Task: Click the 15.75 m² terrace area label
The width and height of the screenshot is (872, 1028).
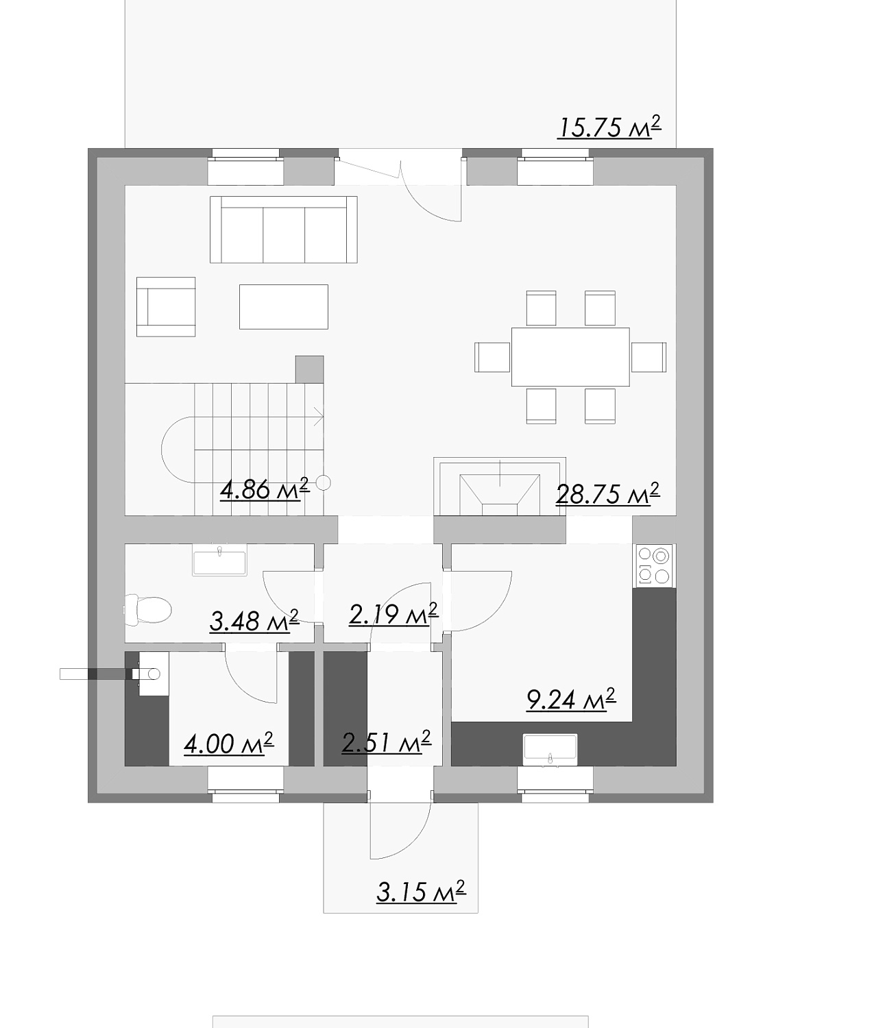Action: [x=609, y=127]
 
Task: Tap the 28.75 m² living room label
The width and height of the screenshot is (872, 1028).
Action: [x=607, y=494]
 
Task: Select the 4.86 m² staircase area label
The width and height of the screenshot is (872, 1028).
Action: [x=264, y=489]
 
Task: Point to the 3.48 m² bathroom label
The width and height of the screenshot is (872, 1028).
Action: [x=254, y=620]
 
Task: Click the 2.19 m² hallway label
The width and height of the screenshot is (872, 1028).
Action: [x=393, y=614]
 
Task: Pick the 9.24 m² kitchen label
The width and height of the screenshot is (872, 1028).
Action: [x=571, y=699]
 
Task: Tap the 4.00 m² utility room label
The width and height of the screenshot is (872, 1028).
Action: [x=228, y=744]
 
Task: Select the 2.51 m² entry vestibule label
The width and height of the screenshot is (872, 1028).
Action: [x=386, y=742]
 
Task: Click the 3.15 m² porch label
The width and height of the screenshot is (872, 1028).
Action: [x=421, y=891]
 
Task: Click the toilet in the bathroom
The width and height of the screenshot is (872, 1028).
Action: [x=148, y=610]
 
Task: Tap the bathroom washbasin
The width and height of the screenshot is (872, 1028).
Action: [x=219, y=560]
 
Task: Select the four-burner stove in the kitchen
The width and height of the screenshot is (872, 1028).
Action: [x=654, y=565]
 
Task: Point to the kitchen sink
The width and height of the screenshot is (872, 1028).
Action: [x=550, y=750]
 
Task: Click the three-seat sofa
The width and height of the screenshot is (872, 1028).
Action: [x=284, y=230]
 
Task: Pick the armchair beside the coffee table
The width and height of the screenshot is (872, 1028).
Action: [x=166, y=307]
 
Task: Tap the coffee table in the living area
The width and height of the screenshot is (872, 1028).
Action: [x=284, y=307]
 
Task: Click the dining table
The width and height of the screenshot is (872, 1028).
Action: [x=570, y=356]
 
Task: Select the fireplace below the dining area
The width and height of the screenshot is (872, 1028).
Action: [x=500, y=487]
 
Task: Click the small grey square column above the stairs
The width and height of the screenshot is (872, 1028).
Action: [x=309, y=369]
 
